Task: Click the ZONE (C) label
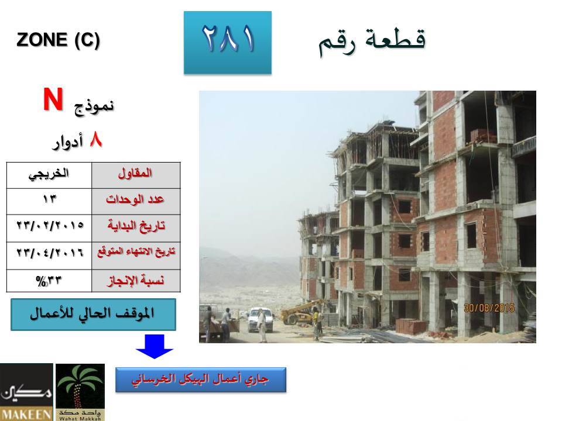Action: point(58,40)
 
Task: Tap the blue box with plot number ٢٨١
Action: point(228,43)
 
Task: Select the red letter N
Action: point(53,99)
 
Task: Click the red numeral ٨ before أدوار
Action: point(95,140)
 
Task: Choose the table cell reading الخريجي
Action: point(49,175)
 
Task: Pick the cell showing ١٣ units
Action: point(49,202)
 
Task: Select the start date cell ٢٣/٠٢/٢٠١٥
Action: point(49,229)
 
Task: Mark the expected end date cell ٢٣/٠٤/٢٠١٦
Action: point(49,256)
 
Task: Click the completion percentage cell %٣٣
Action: point(49,281)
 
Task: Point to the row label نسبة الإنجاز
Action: point(136,281)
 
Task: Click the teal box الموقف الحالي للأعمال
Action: point(93,315)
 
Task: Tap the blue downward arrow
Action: point(155,346)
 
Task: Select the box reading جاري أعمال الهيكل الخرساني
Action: point(201,379)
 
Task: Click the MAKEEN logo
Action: point(26,392)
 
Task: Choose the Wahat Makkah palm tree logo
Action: point(80,392)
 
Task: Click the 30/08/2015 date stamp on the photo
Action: point(489,308)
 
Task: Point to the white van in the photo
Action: point(260,319)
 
